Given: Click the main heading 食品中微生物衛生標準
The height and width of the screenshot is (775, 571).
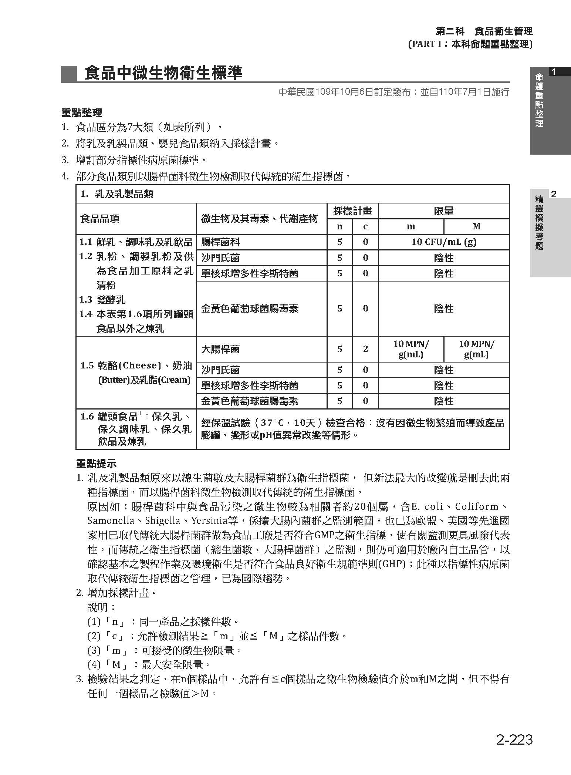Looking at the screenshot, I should point(163,73).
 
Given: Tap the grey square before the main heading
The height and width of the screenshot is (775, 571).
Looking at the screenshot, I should point(68,74).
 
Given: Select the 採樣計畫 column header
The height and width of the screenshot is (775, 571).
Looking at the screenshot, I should point(352,211).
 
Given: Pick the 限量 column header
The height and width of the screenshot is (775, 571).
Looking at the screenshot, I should point(443,211).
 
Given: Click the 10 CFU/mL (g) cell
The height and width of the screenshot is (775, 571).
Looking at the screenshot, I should point(443,242).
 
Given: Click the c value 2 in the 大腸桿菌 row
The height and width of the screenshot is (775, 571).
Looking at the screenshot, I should point(365,349).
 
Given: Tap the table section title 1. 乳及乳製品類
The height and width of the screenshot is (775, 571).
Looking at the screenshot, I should point(117,194).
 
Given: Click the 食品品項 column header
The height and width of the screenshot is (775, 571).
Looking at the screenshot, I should point(100,219).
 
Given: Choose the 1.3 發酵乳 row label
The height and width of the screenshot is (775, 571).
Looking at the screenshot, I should point(102,300).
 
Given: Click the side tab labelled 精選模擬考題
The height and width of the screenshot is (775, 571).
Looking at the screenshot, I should point(540,222).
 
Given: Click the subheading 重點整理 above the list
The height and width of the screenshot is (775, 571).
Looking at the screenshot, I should point(82,112).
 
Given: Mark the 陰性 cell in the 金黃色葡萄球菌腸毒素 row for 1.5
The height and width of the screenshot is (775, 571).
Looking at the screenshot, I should point(443,401).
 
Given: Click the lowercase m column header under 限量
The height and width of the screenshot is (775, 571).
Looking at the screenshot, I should point(411,226).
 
